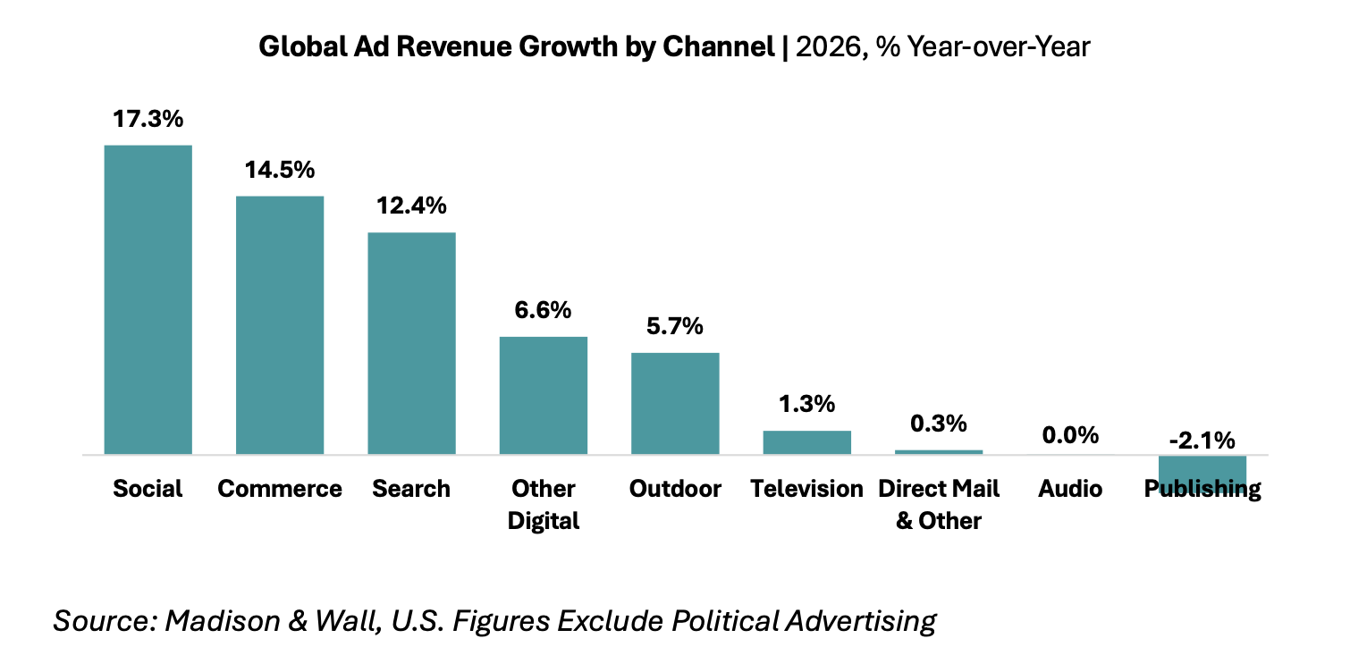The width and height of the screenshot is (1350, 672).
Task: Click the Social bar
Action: pyautogui.click(x=148, y=300)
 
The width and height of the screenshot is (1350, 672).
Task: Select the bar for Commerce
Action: pyautogui.click(x=280, y=325)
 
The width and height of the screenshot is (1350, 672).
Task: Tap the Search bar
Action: pyautogui.click(x=411, y=343)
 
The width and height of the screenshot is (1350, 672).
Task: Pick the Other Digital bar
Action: pyautogui.click(x=544, y=396)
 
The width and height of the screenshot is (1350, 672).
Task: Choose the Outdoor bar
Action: pyautogui.click(x=675, y=403)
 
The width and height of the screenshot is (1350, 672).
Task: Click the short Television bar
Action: pyautogui.click(x=807, y=442)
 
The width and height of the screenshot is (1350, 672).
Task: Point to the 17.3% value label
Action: pyautogui.click(x=148, y=119)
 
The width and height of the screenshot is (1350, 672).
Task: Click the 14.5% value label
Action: pyautogui.click(x=280, y=171)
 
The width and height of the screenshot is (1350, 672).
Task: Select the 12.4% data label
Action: pyautogui.click(x=411, y=206)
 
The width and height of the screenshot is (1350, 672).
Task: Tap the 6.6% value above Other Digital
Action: pyautogui.click(x=543, y=310)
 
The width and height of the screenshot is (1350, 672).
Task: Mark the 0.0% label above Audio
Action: pyautogui.click(x=1070, y=435)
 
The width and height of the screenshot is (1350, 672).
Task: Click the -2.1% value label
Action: pyautogui.click(x=1202, y=441)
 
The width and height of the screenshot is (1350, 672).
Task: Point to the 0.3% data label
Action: pyautogui.click(x=939, y=424)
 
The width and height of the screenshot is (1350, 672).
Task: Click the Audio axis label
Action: pyautogui.click(x=1070, y=489)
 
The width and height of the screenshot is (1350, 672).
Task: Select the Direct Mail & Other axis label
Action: pyautogui.click(x=939, y=505)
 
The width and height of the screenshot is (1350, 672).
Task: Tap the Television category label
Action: pyautogui.click(x=807, y=489)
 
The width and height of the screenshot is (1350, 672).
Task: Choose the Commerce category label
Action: pyautogui.click(x=280, y=489)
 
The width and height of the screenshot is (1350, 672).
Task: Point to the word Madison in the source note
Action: pyautogui.click(x=223, y=621)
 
